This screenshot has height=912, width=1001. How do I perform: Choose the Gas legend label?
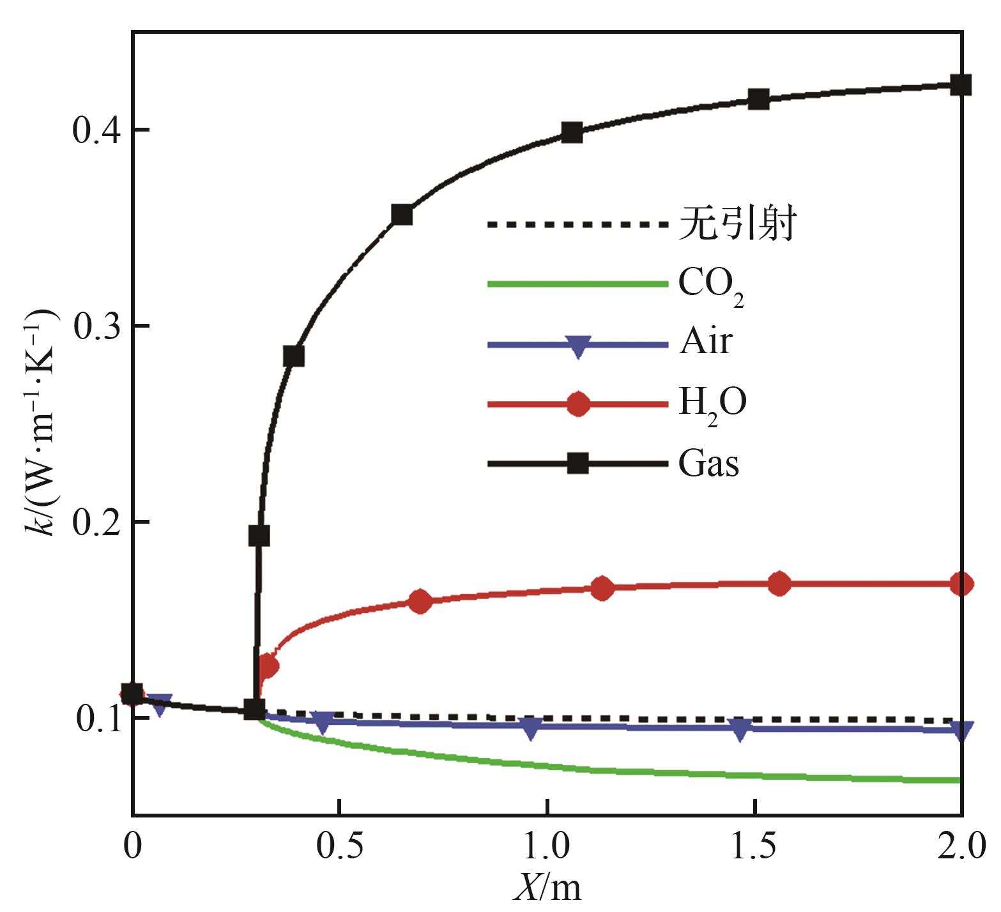[x=708, y=463]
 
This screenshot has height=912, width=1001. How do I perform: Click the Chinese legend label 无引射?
[x=737, y=224]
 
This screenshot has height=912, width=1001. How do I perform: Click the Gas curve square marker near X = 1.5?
[x=758, y=99]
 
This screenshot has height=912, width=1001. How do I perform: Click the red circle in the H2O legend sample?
[x=578, y=404]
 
